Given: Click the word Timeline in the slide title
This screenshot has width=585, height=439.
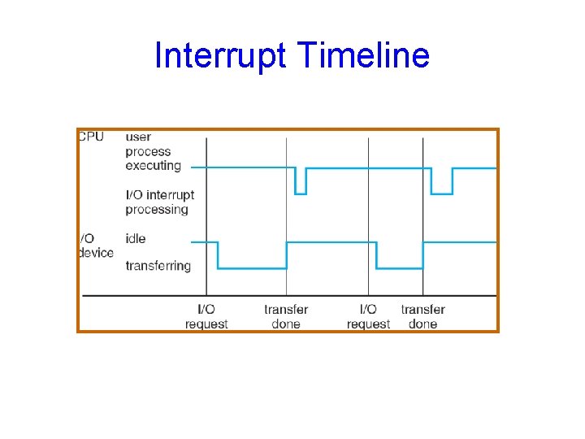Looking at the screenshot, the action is click(x=363, y=55).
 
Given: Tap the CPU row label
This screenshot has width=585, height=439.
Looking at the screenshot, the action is click(x=91, y=137).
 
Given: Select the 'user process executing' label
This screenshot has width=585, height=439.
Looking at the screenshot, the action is click(x=152, y=151).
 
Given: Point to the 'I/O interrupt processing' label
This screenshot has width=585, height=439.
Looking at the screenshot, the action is click(x=159, y=202).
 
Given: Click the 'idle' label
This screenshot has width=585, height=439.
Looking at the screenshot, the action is click(x=136, y=238).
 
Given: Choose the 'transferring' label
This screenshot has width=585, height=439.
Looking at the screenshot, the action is click(x=158, y=266).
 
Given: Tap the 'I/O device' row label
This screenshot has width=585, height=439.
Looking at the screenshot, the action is click(x=96, y=246).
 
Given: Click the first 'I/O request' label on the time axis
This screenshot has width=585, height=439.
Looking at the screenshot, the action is click(x=206, y=316).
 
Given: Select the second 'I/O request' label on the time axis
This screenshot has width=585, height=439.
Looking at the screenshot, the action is click(x=368, y=316).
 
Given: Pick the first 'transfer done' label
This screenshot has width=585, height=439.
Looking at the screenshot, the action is click(x=286, y=316).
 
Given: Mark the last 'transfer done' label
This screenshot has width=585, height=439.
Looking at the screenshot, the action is click(x=422, y=316).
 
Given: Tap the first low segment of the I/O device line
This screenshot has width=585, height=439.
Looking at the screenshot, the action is click(x=252, y=268).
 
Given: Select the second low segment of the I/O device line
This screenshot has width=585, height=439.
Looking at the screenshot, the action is click(x=400, y=268).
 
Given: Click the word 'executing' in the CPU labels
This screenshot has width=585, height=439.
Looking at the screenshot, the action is click(x=153, y=166).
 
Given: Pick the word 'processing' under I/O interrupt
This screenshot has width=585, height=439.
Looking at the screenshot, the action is click(x=157, y=210).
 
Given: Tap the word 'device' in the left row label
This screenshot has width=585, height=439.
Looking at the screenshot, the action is click(x=96, y=253).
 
